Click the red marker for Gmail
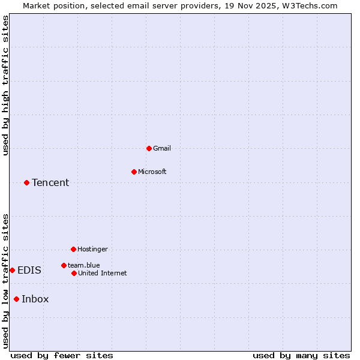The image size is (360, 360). click(149, 148)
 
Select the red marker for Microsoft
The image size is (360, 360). click(134, 172)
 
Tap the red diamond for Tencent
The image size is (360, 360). click(26, 182)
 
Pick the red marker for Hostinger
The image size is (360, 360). click(73, 249)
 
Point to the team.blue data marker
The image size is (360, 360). click(64, 265)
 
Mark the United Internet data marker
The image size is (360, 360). click(74, 273)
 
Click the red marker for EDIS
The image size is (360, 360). click(12, 270)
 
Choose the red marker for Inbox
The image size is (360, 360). click(16, 299)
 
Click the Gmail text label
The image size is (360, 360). click(162, 148)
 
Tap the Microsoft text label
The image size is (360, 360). click(152, 172)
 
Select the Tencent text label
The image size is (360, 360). click(50, 182)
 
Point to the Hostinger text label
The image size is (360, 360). click(92, 249)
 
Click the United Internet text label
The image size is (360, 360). click(103, 273)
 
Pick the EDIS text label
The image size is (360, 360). click(29, 270)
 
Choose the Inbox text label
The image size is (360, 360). click(35, 299)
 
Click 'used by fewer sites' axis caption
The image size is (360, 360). click(62, 355)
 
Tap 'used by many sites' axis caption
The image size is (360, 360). click(301, 355)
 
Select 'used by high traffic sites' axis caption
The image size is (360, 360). click(5, 85)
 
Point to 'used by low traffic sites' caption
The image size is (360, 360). click(5, 281)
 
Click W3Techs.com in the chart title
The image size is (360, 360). click(310, 5)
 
